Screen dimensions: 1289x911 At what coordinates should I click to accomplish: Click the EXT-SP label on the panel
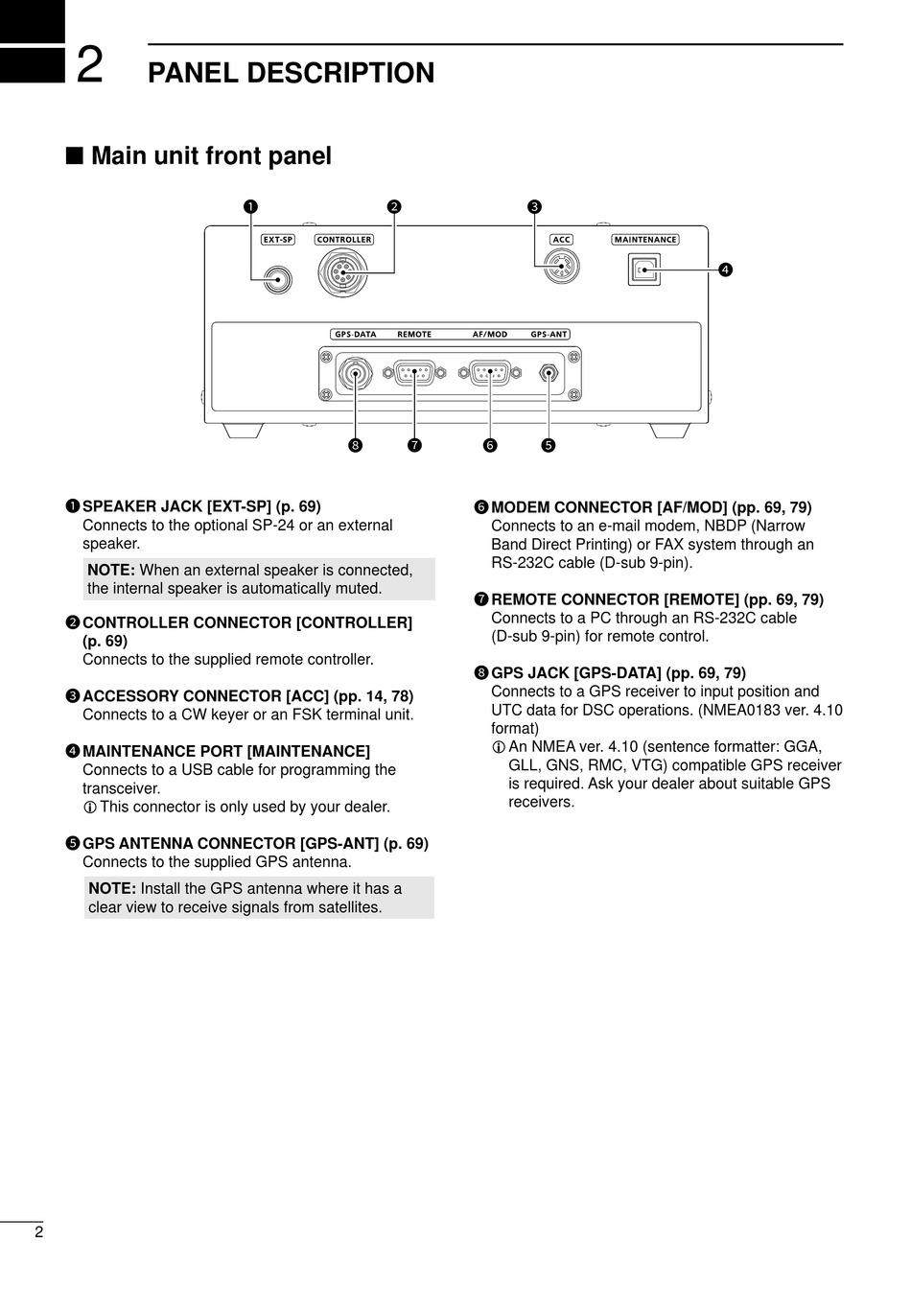[x=278, y=240]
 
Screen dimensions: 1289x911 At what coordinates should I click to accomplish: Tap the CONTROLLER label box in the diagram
[x=344, y=240]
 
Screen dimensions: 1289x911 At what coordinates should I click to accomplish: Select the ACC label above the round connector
[x=561, y=240]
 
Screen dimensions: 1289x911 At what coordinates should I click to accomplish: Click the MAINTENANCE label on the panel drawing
[x=645, y=240]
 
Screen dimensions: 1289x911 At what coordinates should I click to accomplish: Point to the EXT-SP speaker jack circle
[x=278, y=279]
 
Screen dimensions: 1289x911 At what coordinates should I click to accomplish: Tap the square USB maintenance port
[x=643, y=270]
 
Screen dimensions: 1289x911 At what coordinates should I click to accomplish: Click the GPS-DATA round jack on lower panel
[x=357, y=374]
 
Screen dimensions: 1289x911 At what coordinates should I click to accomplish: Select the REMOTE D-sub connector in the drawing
[x=413, y=373]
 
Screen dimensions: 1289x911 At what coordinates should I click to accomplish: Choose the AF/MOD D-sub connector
[x=489, y=373]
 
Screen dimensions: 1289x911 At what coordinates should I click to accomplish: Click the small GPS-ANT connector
[x=549, y=373]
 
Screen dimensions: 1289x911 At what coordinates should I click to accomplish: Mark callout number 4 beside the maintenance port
[x=726, y=270]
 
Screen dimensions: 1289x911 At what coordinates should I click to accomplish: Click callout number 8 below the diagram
[x=356, y=445]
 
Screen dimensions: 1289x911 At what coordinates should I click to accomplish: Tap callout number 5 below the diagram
[x=549, y=445]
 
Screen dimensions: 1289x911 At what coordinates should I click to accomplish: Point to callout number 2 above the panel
[x=393, y=206]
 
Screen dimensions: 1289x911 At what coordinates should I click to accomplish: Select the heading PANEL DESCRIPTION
[x=291, y=73]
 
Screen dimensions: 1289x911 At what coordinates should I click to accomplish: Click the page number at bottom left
[x=38, y=1232]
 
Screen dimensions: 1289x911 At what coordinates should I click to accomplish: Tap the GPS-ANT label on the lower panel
[x=549, y=335]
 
